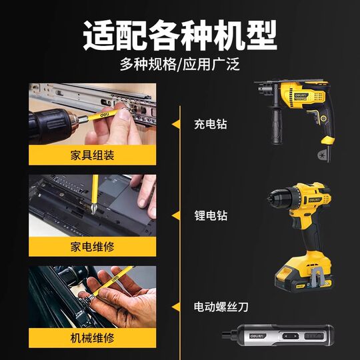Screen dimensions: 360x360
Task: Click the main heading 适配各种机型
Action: [x=179, y=33]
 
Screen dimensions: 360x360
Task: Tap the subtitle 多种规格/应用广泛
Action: [x=179, y=65]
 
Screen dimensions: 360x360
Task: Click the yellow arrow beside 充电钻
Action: [x=177, y=124]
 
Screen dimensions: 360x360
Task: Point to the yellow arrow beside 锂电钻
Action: [x=177, y=215]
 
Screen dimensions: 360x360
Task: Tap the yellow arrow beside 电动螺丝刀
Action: [x=177, y=307]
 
